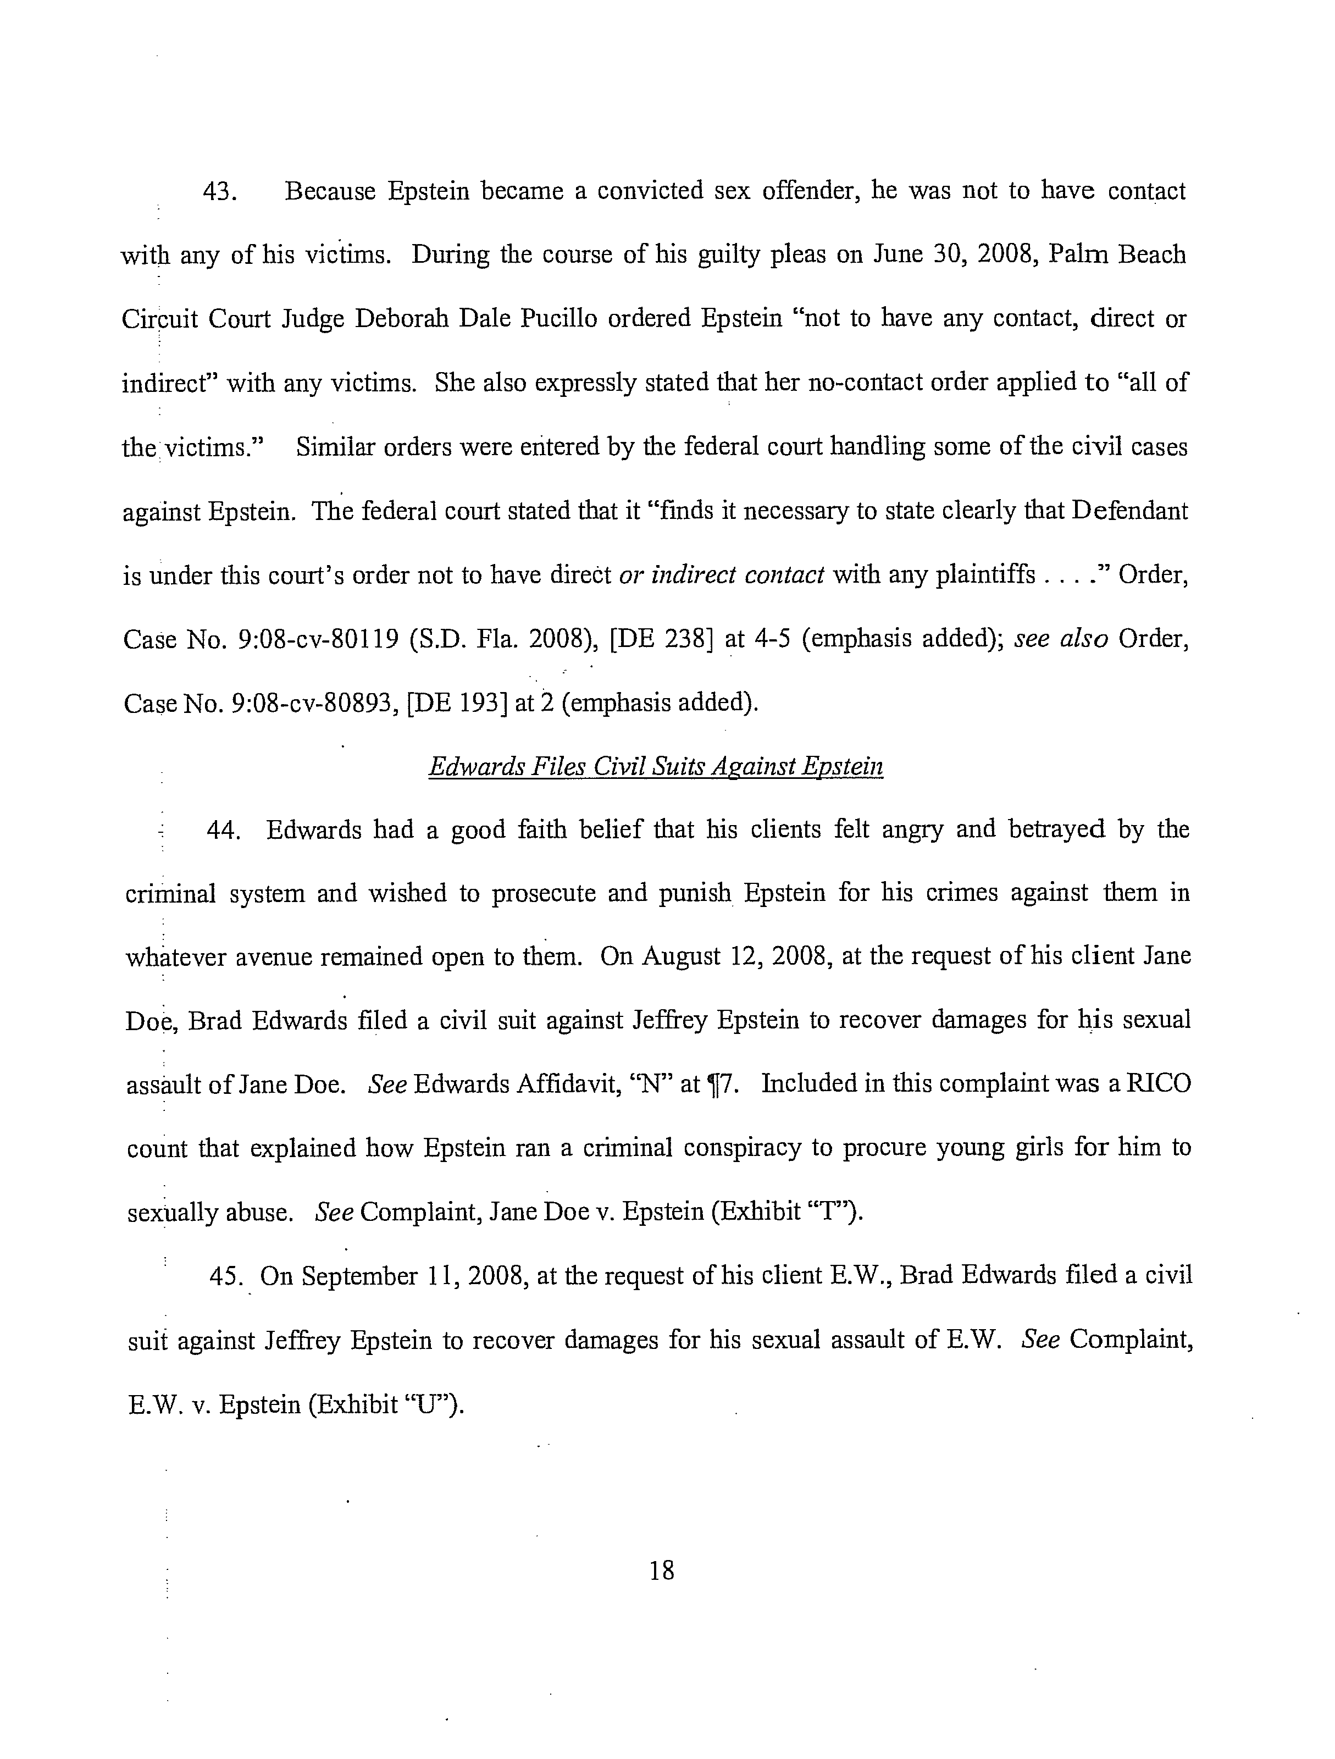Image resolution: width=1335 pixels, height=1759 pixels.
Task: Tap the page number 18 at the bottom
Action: click(662, 1570)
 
